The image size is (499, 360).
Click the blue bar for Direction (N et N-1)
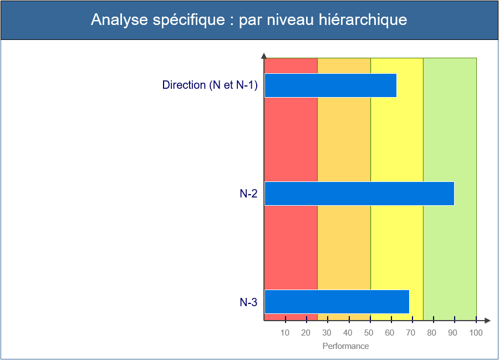330,85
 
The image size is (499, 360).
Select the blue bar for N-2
360,194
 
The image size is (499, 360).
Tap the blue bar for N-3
337,302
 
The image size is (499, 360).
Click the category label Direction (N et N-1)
210,85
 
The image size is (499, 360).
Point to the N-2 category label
248,194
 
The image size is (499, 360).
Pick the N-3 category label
248,302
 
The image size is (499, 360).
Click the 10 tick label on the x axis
285,333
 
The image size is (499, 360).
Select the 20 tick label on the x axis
306,333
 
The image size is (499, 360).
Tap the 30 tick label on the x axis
327,333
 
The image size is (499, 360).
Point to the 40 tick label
348,333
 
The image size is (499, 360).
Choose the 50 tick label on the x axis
369,333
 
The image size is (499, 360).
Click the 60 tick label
390,333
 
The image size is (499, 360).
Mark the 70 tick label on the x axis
411,333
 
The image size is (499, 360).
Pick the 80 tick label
432,333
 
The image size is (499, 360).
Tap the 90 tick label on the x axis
453,333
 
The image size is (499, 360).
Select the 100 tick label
476,333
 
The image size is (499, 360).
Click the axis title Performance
345,346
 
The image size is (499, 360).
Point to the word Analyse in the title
119,21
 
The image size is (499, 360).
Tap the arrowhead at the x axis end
487,321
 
